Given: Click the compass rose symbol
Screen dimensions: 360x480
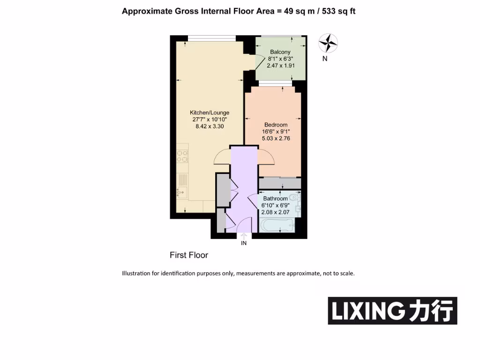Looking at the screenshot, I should [x=328, y=43].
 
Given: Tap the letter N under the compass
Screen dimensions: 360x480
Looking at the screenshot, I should [x=325, y=59].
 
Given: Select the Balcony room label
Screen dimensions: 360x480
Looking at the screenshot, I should [x=280, y=52].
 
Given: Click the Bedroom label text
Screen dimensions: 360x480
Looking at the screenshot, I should [x=276, y=125].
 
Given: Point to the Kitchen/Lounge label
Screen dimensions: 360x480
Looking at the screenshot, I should [x=209, y=112].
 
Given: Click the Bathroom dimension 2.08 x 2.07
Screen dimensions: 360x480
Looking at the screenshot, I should [x=276, y=212].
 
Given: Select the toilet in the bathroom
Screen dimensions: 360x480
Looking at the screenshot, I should [x=294, y=197].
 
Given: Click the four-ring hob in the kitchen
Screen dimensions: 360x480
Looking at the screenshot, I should [x=182, y=156].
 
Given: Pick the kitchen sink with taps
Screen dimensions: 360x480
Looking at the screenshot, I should [x=182, y=191].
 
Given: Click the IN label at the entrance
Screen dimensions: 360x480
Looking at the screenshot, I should [x=243, y=243].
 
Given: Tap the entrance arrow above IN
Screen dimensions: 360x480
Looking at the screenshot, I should [x=243, y=236].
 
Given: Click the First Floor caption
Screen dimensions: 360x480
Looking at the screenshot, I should [x=188, y=255].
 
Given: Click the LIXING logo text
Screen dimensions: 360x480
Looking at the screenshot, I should [x=367, y=311].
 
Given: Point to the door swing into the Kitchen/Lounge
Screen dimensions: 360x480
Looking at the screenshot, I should [x=222, y=158].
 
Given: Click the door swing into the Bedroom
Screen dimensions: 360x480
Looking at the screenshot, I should [x=265, y=158].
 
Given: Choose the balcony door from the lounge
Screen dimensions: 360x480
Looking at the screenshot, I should [x=250, y=61].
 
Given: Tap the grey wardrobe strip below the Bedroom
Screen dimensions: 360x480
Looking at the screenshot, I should [x=280, y=183].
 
